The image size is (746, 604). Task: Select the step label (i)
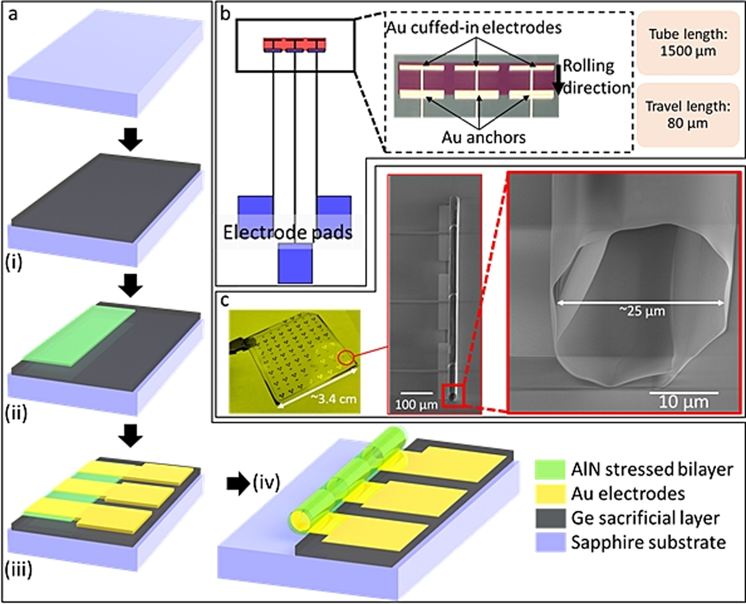[14, 262]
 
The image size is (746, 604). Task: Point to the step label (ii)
[16, 413]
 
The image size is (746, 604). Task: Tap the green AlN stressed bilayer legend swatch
[550, 469]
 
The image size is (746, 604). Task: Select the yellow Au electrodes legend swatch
[550, 493]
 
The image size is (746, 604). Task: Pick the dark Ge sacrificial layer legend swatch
[550, 518]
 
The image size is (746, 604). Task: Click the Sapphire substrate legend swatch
[550, 542]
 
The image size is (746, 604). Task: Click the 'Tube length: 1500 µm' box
[688, 43]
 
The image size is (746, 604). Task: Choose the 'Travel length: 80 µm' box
[688, 114]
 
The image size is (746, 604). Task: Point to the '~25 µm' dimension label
[642, 311]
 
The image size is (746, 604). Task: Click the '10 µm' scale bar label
[683, 402]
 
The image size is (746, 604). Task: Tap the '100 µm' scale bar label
[416, 405]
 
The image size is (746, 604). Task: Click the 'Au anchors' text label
[483, 136]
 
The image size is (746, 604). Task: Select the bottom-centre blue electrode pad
[295, 264]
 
